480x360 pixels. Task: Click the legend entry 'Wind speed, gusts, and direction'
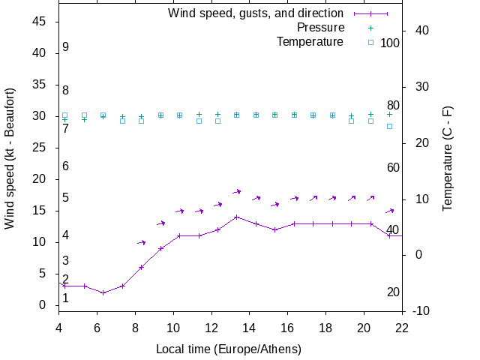pos(256,13)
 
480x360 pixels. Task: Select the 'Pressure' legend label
pos(320,28)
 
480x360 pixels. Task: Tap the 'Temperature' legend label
pos(310,42)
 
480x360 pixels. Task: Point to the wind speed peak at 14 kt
pos(237,217)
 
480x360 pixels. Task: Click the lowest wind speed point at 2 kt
pos(103,292)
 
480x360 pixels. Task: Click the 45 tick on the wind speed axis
pos(40,22)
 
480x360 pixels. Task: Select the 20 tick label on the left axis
pos(40,179)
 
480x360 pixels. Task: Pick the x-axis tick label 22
pos(402,327)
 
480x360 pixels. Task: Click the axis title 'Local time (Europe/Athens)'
pos(229,349)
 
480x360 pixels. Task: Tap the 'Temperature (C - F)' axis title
pos(448,158)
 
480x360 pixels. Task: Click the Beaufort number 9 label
pos(66,47)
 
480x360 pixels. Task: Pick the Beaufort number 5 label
pos(66,198)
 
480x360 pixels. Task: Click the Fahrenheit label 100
pos(390,43)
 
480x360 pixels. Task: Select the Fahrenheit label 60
pos(393,167)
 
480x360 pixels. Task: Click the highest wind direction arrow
pos(237,192)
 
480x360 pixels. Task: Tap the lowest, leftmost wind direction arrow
pos(142,242)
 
